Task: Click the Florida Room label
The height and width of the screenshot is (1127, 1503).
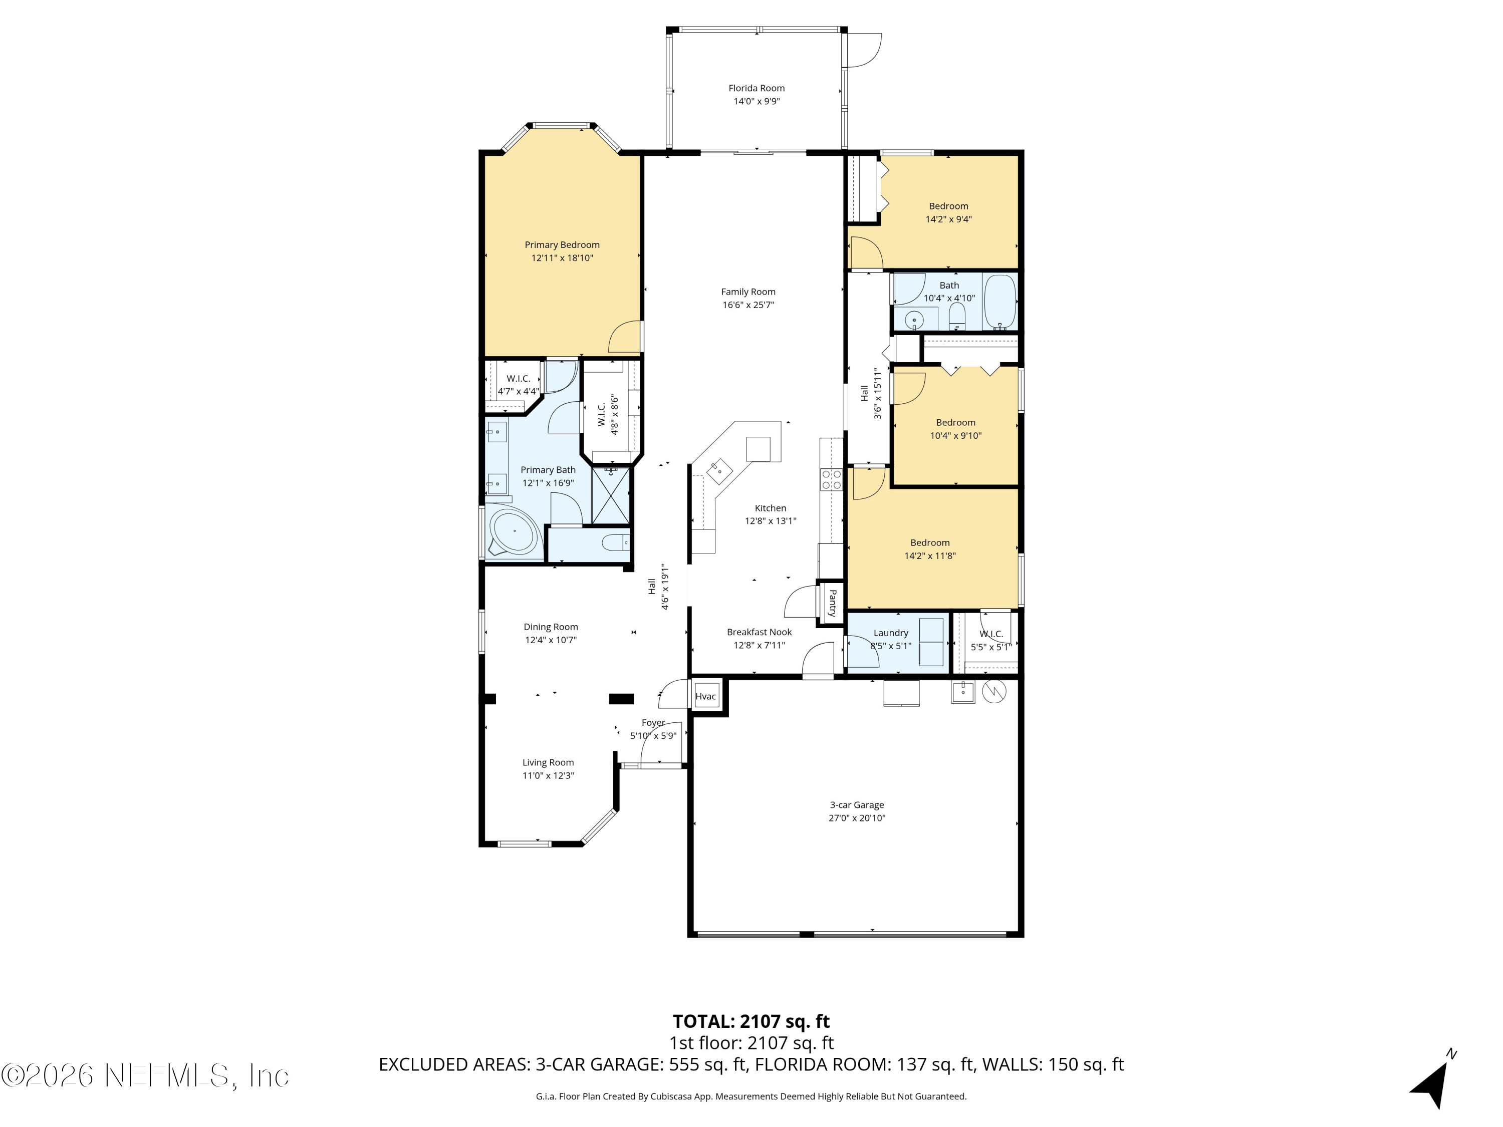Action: pyautogui.click(x=756, y=88)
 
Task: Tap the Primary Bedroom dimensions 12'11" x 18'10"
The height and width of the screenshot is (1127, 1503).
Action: pyautogui.click(x=562, y=258)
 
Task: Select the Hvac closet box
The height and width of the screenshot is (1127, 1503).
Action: pyautogui.click(x=706, y=696)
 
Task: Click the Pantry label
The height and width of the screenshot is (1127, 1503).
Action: pyautogui.click(x=832, y=602)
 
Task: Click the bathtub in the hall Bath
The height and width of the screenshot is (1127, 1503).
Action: pyautogui.click(x=999, y=301)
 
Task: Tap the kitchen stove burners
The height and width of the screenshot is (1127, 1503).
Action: pyautogui.click(x=832, y=480)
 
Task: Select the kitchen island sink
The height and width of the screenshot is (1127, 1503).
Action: pyautogui.click(x=719, y=469)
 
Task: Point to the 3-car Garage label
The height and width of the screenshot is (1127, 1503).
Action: pyautogui.click(x=856, y=805)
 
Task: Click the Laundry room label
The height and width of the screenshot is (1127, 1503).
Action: pyautogui.click(x=890, y=633)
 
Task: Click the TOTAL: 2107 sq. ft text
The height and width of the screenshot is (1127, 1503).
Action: pyautogui.click(x=751, y=1022)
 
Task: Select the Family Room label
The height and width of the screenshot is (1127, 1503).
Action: pyautogui.click(x=748, y=292)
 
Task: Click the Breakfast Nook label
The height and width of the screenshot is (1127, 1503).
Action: pyautogui.click(x=759, y=632)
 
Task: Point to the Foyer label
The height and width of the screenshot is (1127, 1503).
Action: pyautogui.click(x=653, y=723)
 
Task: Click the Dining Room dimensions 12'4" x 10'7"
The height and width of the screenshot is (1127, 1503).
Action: pyautogui.click(x=551, y=640)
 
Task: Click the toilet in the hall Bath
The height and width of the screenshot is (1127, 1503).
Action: pyautogui.click(x=957, y=315)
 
